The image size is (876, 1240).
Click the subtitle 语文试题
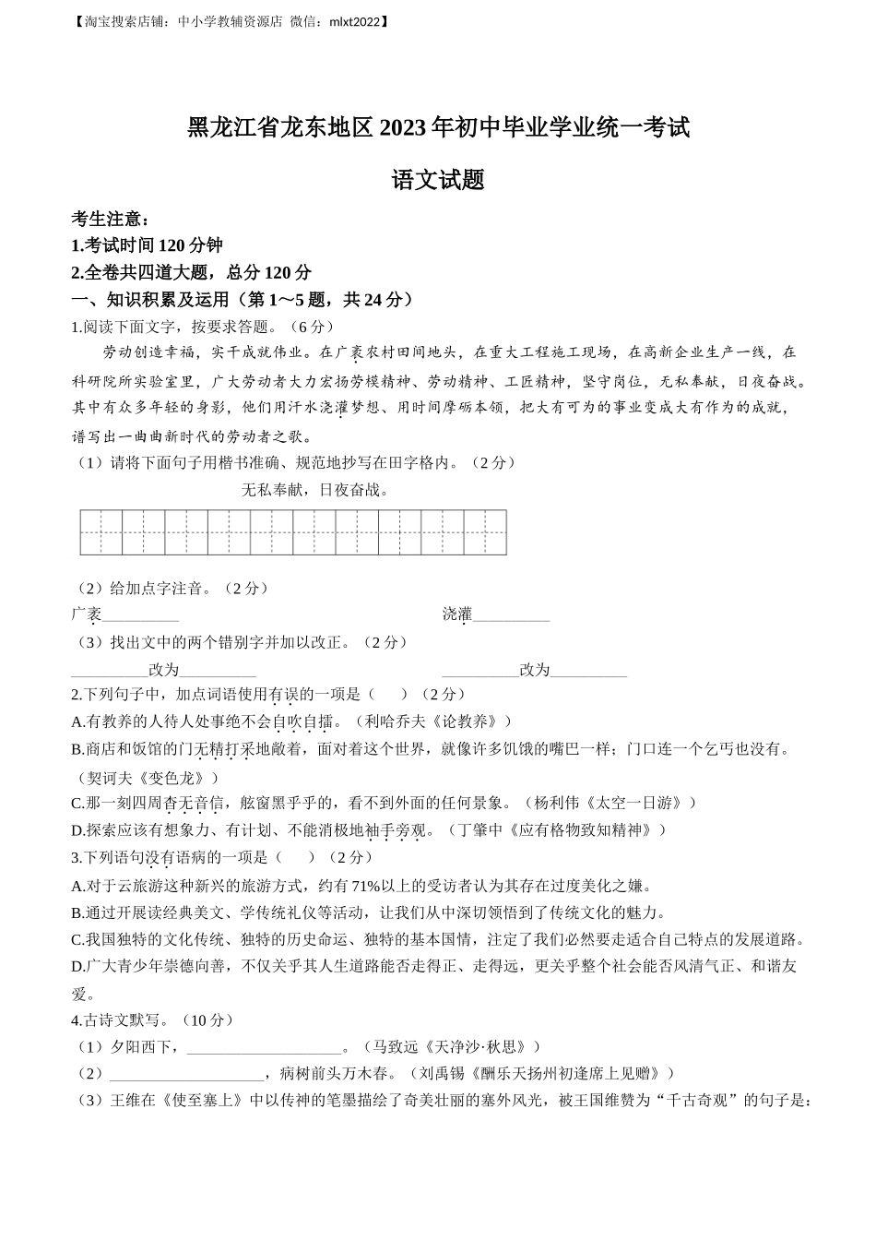tap(438, 181)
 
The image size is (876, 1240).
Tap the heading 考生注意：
tap(110, 220)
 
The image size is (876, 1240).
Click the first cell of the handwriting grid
tap(101, 532)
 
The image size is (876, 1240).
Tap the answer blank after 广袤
tap(140, 615)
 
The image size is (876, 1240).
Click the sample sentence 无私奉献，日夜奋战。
tap(314, 490)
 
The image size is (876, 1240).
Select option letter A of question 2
tap(77, 721)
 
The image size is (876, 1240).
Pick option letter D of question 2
tap(77, 830)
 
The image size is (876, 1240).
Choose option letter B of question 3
tap(77, 913)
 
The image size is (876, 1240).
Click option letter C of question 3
tap(77, 940)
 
